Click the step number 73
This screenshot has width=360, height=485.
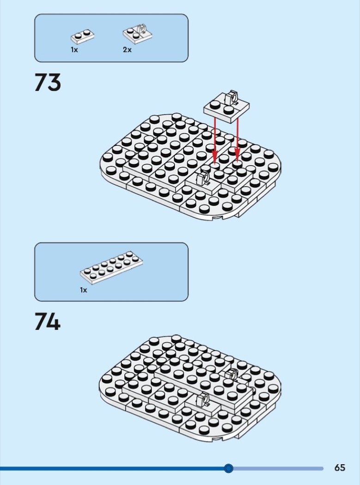coord(48,82)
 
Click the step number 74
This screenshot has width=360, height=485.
coord(47,321)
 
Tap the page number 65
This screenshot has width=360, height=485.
coord(340,467)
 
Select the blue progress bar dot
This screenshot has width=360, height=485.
coord(228,468)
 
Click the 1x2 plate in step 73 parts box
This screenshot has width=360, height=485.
coord(82,37)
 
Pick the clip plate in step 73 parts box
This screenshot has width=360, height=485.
coord(138,34)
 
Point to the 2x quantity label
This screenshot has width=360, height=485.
coord(127,49)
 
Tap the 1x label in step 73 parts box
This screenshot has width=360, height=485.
coord(74,49)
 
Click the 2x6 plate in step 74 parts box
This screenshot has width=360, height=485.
coord(111,267)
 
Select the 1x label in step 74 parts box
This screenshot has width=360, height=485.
coord(84,290)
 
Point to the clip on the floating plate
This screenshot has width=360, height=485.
coord(231,97)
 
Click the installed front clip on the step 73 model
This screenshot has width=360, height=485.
coord(203,179)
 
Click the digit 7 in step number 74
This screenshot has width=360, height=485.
coord(41,321)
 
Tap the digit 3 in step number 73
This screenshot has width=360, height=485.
coord(55,83)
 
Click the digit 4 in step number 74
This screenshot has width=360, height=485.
coord(54,321)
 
